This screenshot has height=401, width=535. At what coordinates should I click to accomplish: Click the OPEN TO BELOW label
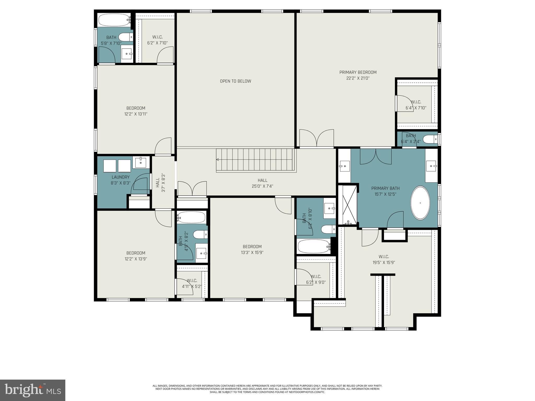click(x=235, y=81)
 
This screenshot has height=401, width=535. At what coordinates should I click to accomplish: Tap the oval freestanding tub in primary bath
click(x=420, y=203)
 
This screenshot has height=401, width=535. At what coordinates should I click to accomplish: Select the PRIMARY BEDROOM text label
click(x=358, y=72)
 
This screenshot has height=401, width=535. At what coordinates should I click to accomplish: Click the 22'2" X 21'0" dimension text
click(x=358, y=78)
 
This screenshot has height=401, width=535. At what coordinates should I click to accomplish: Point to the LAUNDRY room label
click(x=120, y=177)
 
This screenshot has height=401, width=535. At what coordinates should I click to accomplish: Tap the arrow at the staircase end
click(x=218, y=159)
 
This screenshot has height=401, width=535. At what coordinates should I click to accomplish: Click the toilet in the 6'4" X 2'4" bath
click(x=429, y=139)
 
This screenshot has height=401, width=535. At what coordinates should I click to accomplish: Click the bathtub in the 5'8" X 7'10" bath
click(x=113, y=20)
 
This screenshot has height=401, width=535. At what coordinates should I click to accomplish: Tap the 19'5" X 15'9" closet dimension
click(x=384, y=263)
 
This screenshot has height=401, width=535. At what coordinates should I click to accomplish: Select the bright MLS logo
click(x=32, y=390)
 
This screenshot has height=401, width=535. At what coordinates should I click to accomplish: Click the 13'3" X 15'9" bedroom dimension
click(x=252, y=252)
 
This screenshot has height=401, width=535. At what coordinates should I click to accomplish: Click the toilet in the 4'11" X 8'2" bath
click(x=200, y=234)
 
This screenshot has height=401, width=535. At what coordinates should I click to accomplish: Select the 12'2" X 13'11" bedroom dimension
click(x=136, y=114)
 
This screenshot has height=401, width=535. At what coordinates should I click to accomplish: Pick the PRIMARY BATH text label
click(x=385, y=188)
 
